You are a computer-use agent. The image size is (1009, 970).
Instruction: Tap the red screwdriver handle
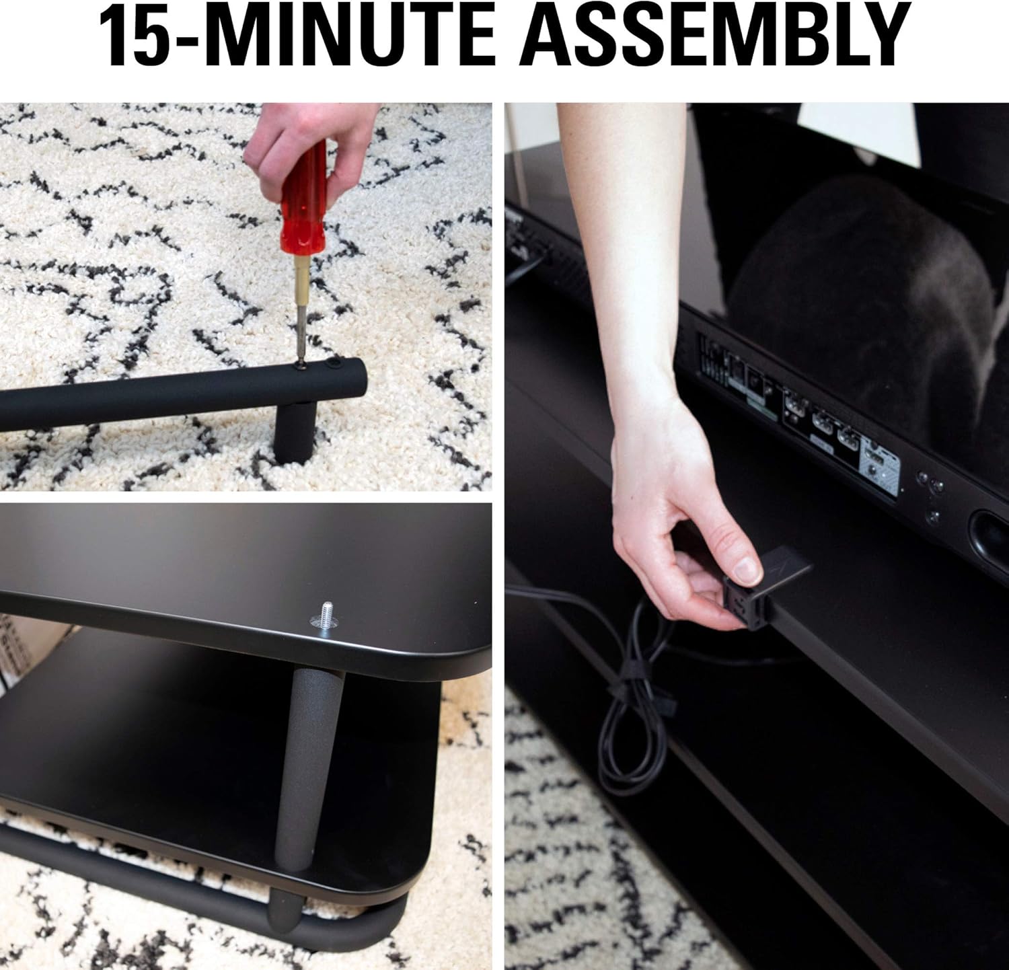(x=303, y=202)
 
